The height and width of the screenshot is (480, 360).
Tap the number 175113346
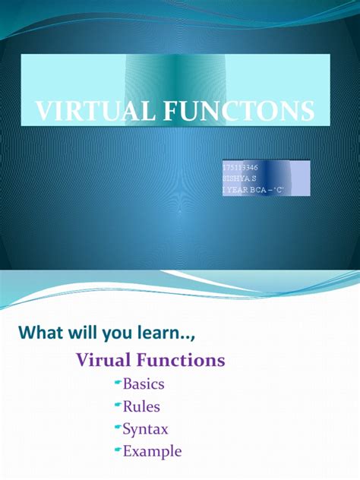(242, 166)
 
